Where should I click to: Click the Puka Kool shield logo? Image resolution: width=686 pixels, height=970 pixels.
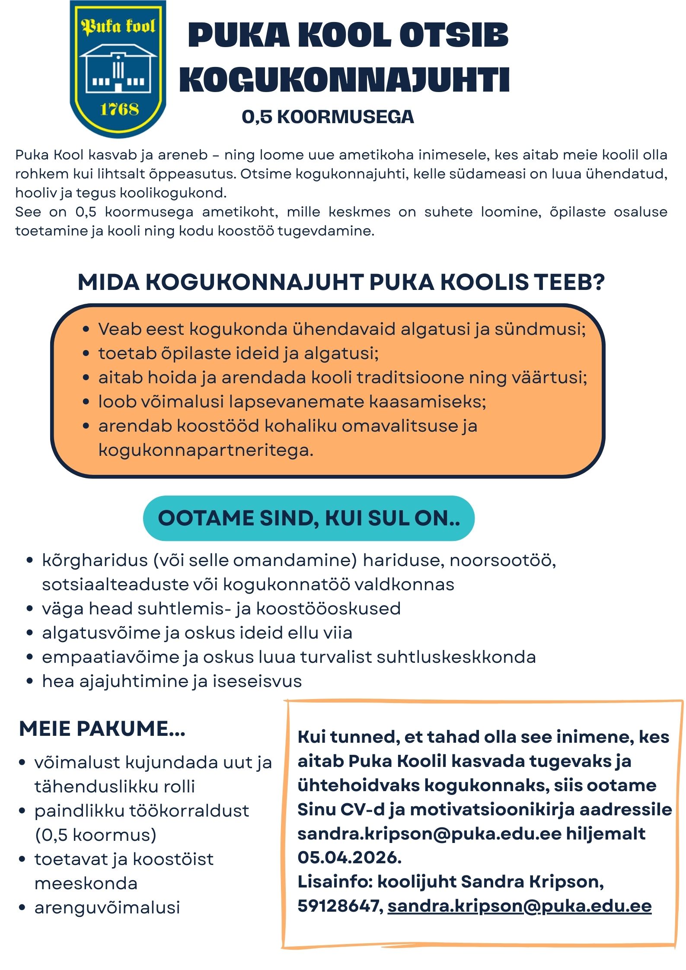(x=118, y=69)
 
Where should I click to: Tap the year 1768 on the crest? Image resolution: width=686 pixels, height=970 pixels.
(x=119, y=109)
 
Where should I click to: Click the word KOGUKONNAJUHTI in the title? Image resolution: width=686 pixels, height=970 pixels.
(x=345, y=80)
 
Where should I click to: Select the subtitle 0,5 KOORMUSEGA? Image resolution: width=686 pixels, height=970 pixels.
(x=328, y=117)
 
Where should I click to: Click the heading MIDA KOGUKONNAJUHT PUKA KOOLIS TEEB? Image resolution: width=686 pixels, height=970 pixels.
(x=341, y=282)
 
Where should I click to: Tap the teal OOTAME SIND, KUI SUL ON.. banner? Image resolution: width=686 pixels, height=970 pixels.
(x=309, y=518)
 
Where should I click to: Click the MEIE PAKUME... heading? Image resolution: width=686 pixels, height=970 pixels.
(x=102, y=728)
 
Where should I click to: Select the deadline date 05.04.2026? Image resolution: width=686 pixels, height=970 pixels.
(x=349, y=857)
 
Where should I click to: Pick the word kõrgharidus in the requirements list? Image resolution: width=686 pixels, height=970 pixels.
(x=95, y=560)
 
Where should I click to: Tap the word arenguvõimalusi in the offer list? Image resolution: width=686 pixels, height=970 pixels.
(x=107, y=907)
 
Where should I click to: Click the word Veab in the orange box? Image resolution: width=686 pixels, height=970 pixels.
(x=117, y=329)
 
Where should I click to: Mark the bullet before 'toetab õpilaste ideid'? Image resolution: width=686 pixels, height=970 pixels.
(x=86, y=354)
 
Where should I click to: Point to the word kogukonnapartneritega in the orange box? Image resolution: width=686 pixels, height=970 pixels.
(x=206, y=450)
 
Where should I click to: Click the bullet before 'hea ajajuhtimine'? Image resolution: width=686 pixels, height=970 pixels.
(x=29, y=681)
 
